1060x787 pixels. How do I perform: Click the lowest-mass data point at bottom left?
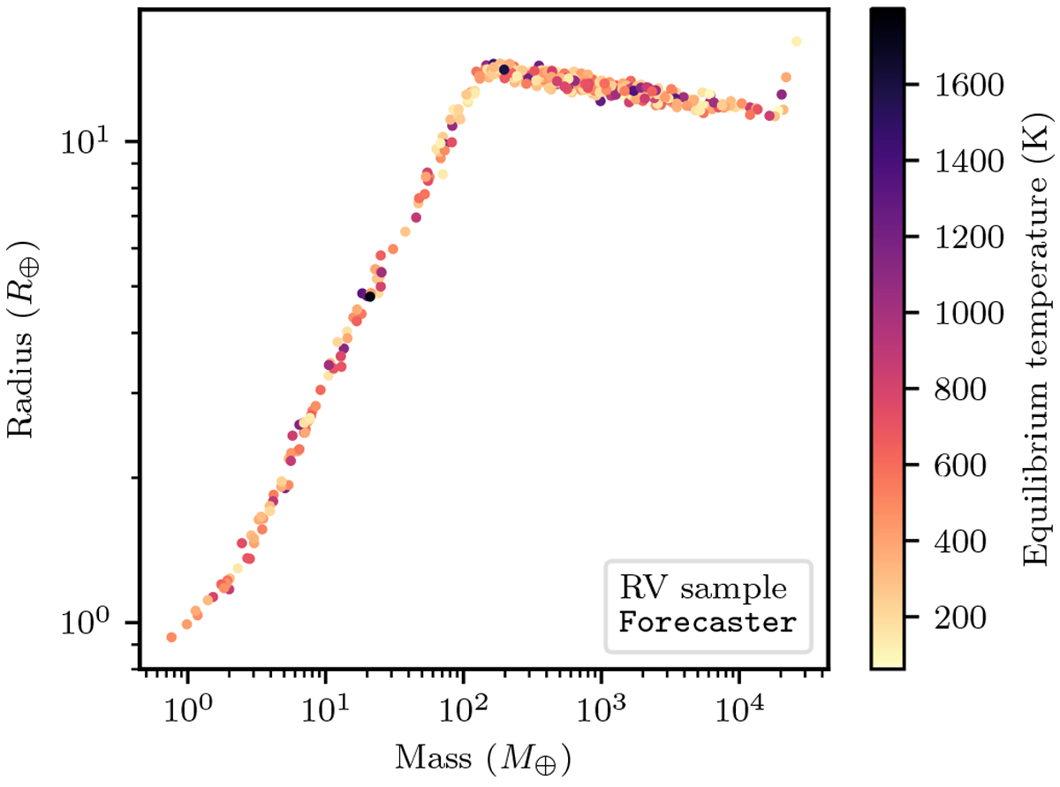coord(171,637)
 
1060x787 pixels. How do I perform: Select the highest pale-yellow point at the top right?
coord(796,42)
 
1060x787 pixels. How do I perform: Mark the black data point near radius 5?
coord(370,297)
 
